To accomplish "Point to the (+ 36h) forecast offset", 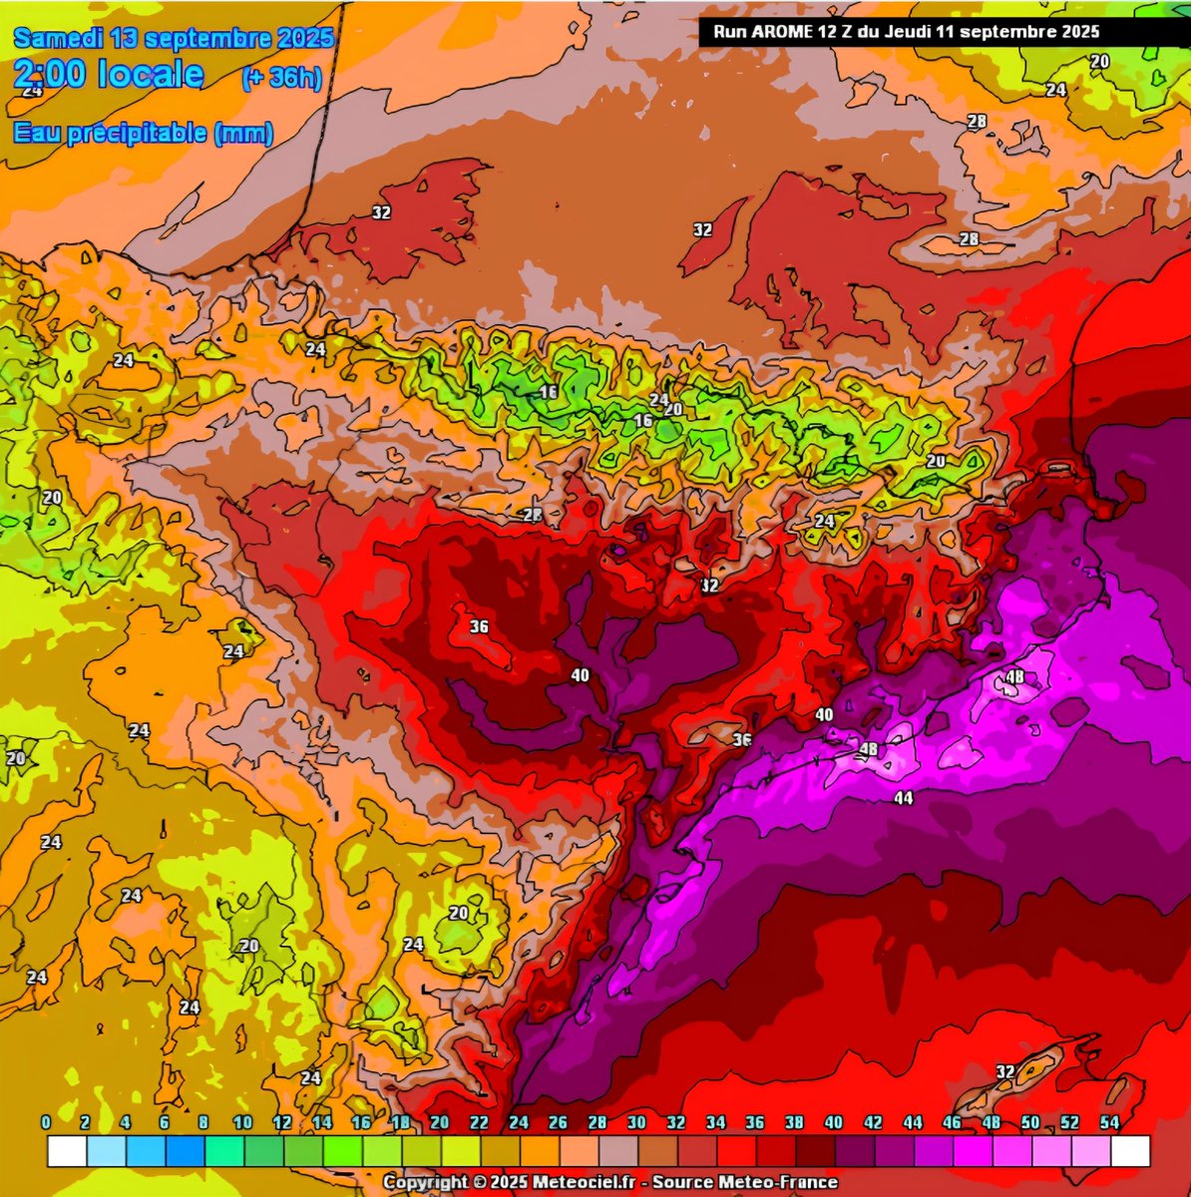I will [282, 78].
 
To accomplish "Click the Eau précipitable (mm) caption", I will [144, 134].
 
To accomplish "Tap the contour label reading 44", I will [903, 798].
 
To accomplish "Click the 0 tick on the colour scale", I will [46, 1123].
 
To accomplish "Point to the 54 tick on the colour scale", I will [1109, 1123].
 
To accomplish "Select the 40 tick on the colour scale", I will [834, 1123].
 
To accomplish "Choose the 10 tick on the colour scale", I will [242, 1123].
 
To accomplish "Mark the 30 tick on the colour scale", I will [636, 1123].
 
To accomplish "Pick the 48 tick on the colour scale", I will [992, 1123].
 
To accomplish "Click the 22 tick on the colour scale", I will [479, 1123].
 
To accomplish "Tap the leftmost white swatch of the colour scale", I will [67, 1150].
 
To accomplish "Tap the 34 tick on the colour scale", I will [715, 1123].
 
